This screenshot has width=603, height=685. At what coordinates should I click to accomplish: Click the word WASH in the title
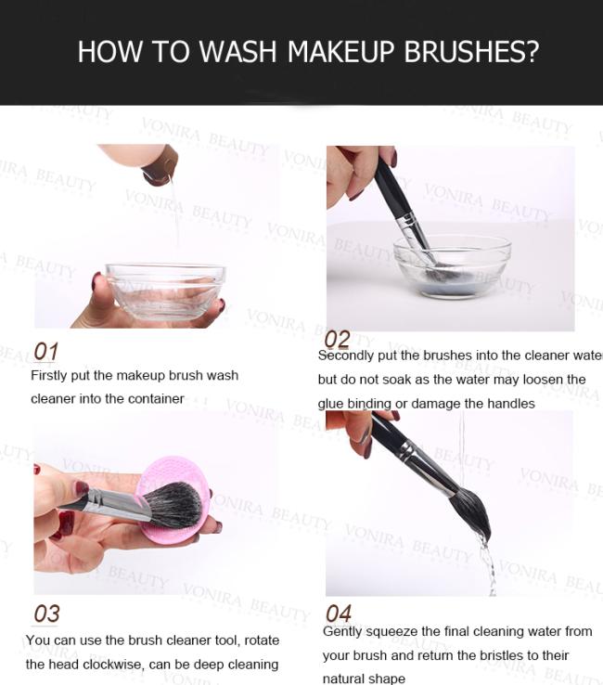click(237, 52)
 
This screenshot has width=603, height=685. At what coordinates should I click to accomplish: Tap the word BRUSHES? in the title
click(471, 52)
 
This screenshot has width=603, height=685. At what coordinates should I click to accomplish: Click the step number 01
click(45, 351)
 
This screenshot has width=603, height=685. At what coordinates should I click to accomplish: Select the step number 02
click(337, 340)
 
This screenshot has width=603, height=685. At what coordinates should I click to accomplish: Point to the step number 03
click(46, 614)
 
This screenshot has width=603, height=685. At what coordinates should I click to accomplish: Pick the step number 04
click(339, 614)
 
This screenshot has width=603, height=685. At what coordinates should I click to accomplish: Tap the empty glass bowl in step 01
click(165, 291)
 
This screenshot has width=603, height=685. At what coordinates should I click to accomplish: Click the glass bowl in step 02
click(452, 266)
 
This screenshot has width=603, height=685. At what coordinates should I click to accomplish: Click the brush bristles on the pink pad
click(173, 505)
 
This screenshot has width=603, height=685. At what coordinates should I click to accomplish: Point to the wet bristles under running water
click(470, 512)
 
